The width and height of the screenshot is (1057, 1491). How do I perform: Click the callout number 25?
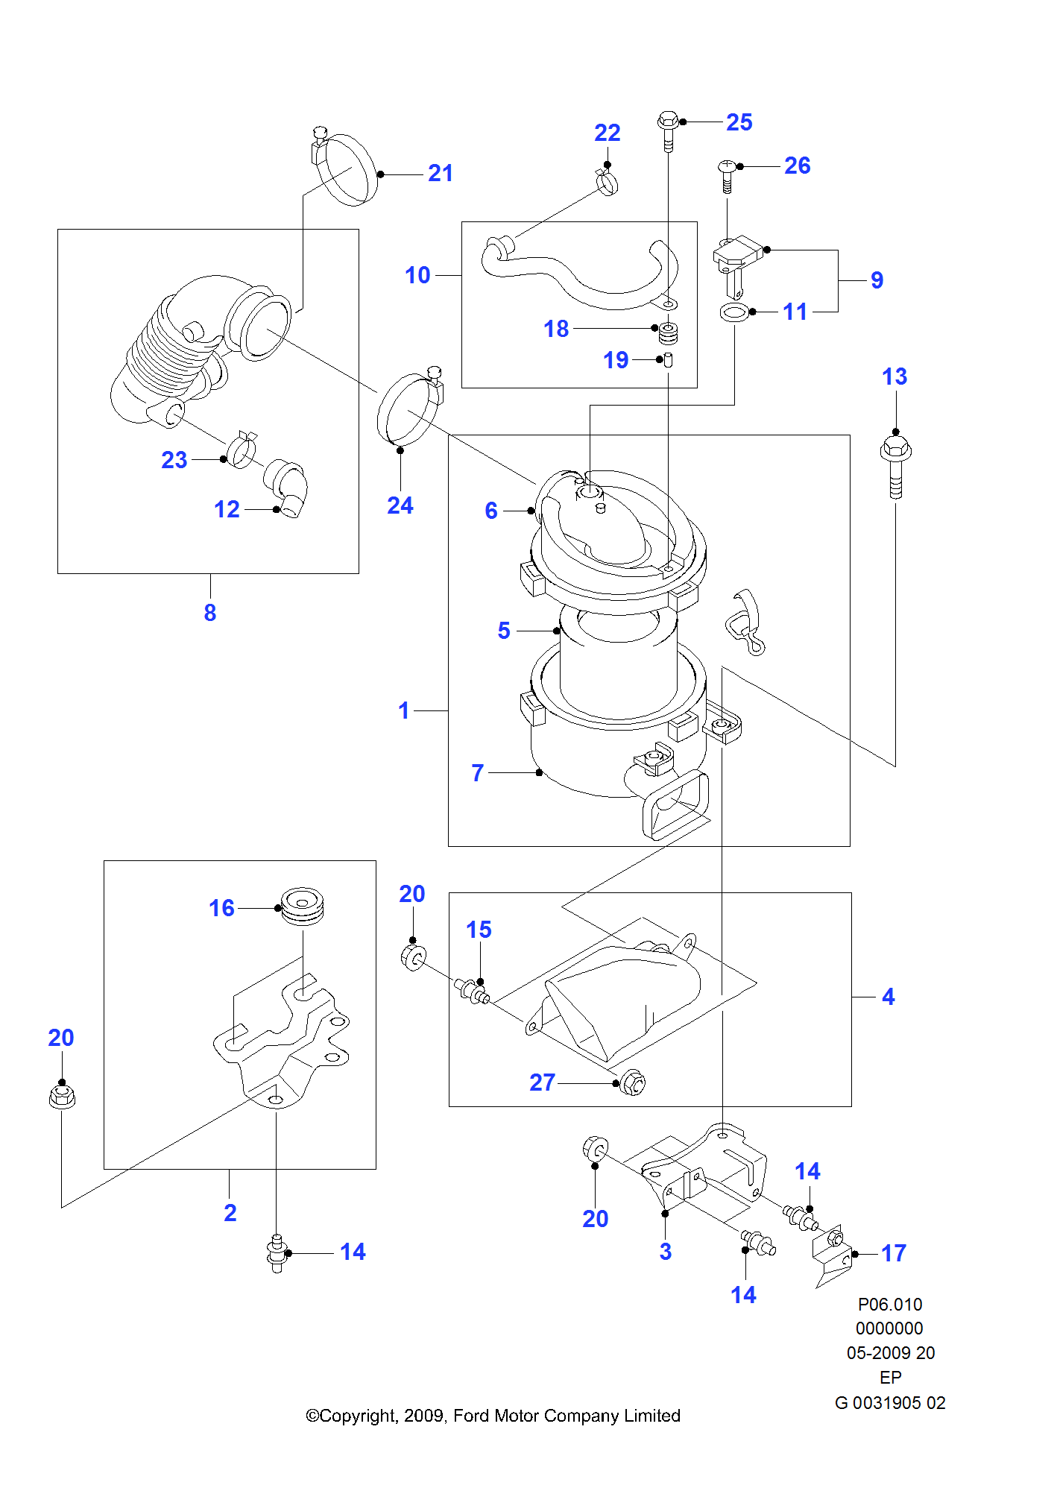(x=739, y=122)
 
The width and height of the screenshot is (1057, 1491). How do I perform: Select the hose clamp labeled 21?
(x=344, y=169)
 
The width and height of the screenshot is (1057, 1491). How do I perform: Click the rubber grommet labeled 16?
(x=302, y=907)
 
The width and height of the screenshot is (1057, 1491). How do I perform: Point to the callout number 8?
(x=210, y=613)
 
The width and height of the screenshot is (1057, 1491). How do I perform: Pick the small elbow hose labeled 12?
(x=287, y=488)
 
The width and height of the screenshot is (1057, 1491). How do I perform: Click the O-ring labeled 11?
(x=734, y=312)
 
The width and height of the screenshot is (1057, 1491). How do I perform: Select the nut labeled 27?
(x=632, y=1083)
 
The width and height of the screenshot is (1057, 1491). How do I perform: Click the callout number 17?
(x=893, y=1253)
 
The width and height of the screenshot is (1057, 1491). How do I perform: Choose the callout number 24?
(x=400, y=506)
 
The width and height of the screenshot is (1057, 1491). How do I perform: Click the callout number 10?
(x=417, y=275)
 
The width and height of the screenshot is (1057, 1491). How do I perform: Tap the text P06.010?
(x=890, y=1305)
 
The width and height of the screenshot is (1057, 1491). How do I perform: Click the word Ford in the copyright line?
(x=472, y=1416)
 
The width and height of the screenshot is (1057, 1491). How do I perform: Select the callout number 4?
(x=888, y=997)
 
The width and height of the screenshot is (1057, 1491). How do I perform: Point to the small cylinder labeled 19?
(x=668, y=360)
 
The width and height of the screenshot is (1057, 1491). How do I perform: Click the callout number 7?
(x=478, y=773)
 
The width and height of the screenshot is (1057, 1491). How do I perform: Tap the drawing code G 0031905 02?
(x=890, y=1403)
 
